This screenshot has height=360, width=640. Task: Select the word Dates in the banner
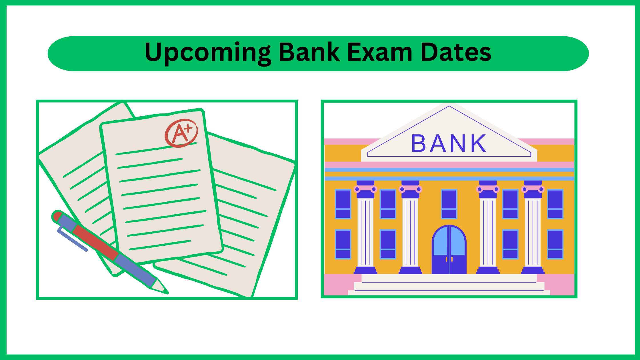(456, 52)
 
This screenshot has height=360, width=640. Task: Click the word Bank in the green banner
(309, 52)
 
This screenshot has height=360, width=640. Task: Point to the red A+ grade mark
(181, 133)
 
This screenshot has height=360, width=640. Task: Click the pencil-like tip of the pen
(160, 286)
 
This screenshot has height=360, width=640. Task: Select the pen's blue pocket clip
(72, 239)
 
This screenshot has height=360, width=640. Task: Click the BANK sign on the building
(449, 143)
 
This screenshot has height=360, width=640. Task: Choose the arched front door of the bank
(449, 250)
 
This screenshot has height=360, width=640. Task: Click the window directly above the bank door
(449, 204)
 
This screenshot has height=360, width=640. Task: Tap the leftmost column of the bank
(365, 227)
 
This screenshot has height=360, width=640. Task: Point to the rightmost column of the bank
(533, 227)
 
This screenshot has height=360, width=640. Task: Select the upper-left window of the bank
(343, 204)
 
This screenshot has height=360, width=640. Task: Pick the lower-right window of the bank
(555, 244)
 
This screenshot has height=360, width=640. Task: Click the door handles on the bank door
(449, 259)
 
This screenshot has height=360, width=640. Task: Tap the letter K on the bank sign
(478, 143)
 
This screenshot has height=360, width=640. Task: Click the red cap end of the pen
(57, 216)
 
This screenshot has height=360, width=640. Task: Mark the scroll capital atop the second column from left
(410, 189)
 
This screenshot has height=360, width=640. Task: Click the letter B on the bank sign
(418, 143)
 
